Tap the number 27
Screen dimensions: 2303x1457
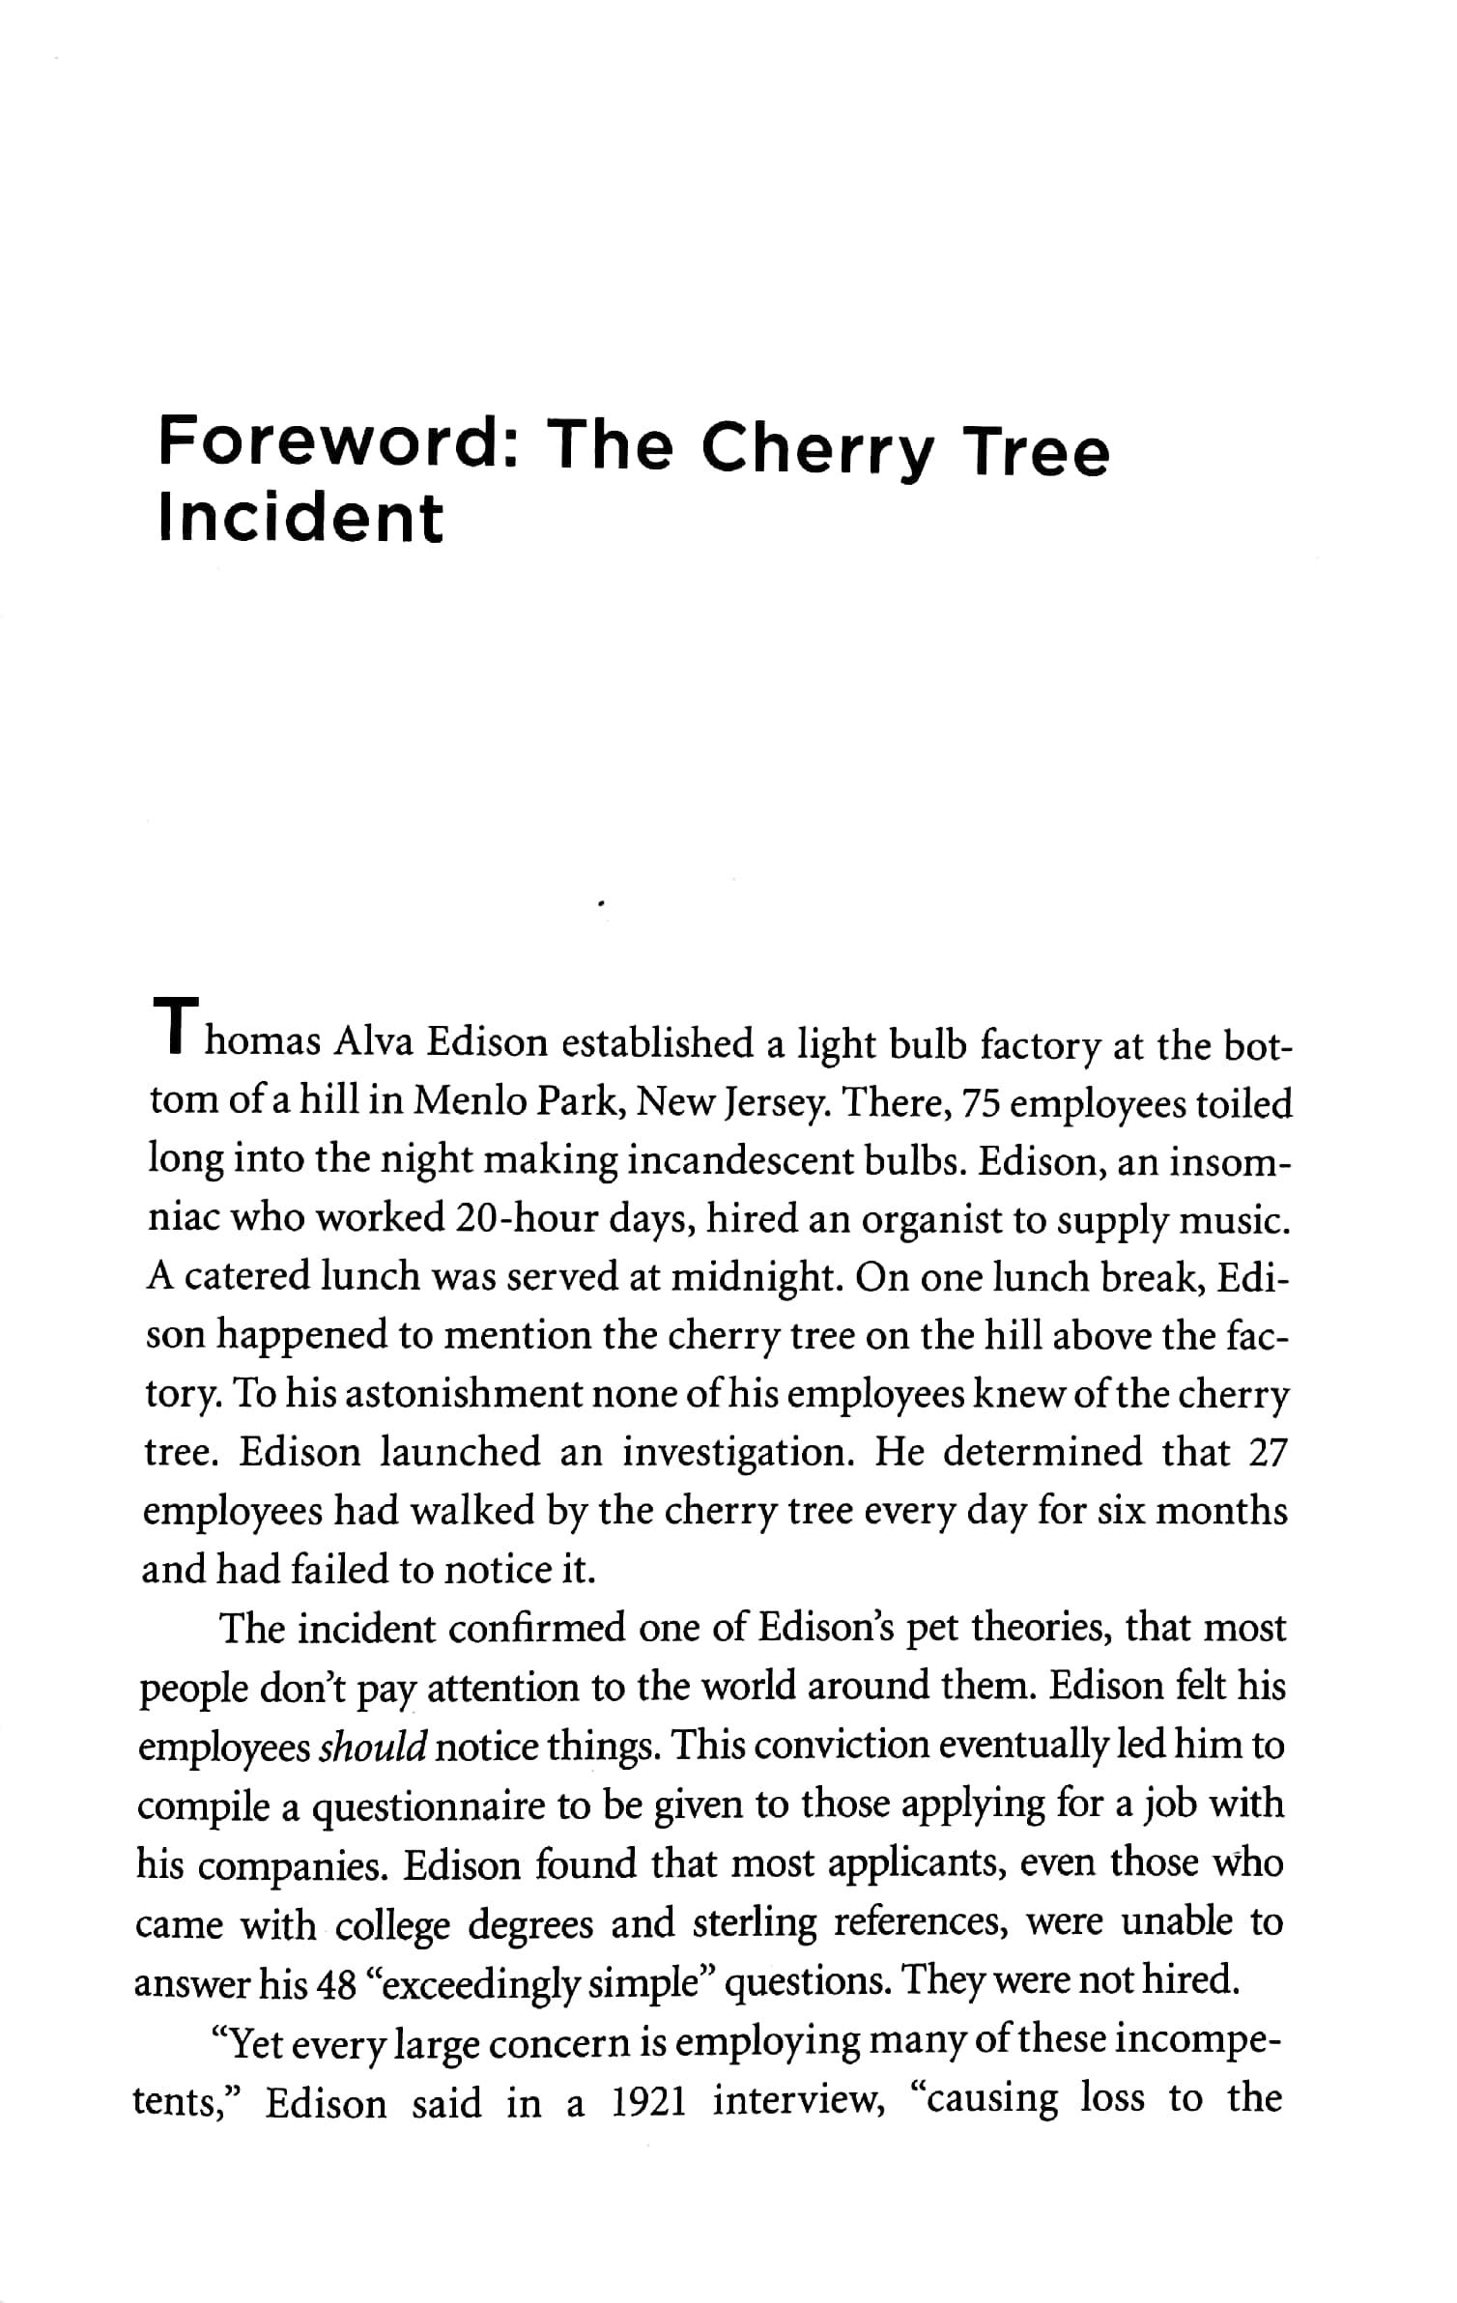pyautogui.click(x=1268, y=1452)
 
